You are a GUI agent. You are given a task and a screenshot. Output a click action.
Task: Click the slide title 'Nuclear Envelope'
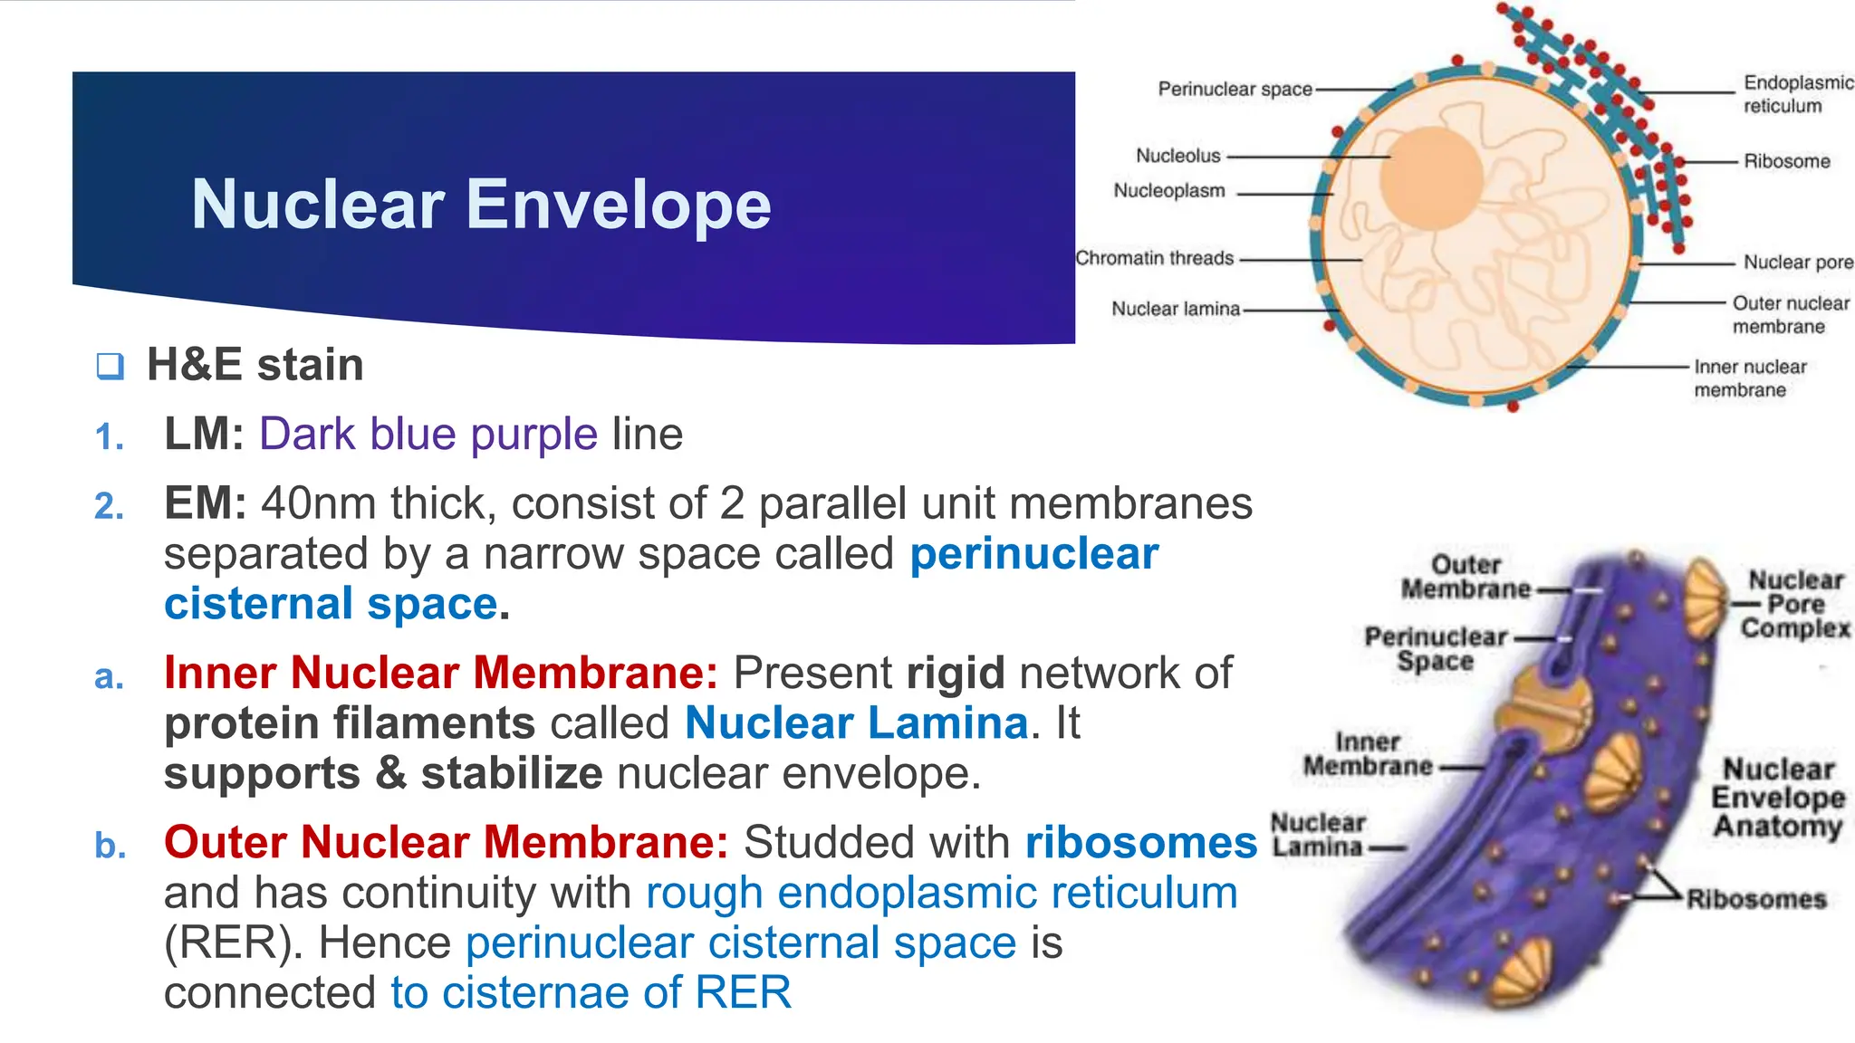coord(481,205)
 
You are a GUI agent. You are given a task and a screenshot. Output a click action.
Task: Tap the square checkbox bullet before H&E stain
coord(110,366)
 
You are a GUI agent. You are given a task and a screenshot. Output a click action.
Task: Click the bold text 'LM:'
coord(204,435)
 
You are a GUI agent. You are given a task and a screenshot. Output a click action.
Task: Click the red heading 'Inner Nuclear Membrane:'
coord(441,673)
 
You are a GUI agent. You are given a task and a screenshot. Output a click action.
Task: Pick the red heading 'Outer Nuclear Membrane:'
coord(446,842)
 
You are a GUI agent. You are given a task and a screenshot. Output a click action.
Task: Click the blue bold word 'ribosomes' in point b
coord(1140,843)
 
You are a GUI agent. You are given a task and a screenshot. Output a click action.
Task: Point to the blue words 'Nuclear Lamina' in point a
coord(856,723)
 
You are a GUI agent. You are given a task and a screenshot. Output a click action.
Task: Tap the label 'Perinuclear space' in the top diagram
coord(1235,90)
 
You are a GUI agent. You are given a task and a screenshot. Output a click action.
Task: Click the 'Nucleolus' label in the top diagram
coord(1177,156)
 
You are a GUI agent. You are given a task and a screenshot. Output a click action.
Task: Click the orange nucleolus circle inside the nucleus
coord(1431,177)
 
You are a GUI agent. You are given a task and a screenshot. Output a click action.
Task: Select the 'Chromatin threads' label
coord(1154,259)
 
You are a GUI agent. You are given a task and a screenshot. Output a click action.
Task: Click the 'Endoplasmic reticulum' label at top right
coord(1797,94)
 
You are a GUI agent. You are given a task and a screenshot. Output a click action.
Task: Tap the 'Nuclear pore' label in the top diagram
coord(1797,263)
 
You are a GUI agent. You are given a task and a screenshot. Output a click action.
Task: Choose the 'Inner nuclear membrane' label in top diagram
coord(1749,378)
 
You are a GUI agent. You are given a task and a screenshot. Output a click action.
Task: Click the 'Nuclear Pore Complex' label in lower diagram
coord(1795,604)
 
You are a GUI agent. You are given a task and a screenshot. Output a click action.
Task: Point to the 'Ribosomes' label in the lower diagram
coord(1755,899)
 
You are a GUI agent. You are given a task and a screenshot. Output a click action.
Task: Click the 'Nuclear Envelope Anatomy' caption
coord(1777,798)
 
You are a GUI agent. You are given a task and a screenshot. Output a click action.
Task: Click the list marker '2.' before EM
coord(110,506)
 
